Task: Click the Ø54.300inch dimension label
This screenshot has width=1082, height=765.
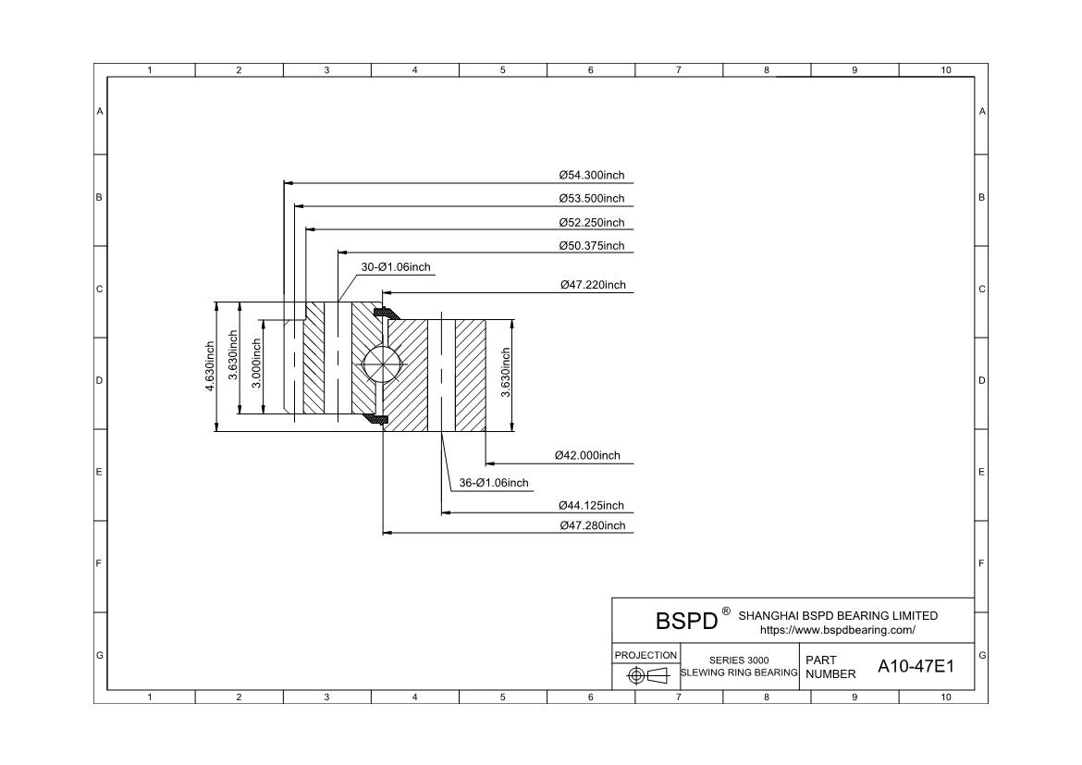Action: (x=591, y=176)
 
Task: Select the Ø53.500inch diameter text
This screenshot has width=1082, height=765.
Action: (x=591, y=199)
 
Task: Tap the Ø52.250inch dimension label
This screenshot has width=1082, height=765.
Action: (x=591, y=222)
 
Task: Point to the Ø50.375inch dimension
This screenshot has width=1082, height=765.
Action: (x=591, y=246)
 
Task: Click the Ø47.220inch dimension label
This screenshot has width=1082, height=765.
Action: (x=593, y=285)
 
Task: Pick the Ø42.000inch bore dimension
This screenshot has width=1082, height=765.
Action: (x=587, y=456)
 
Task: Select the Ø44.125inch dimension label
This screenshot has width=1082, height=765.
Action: (x=591, y=505)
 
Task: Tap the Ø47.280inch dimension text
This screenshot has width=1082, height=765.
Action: (x=592, y=525)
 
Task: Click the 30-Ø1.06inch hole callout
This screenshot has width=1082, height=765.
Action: (x=396, y=267)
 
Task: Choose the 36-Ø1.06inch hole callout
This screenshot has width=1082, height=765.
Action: (x=494, y=483)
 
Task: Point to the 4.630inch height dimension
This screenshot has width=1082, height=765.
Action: (x=210, y=366)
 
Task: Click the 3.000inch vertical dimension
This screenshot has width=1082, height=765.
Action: (x=257, y=364)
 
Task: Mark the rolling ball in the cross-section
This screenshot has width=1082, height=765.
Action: (x=382, y=363)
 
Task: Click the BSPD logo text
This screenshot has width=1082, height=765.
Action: (x=686, y=621)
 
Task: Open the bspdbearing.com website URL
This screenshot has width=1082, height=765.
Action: (x=838, y=630)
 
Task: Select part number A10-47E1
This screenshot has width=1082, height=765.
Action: (x=916, y=666)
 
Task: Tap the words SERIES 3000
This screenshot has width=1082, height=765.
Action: (x=738, y=660)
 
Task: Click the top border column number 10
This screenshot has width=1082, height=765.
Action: (x=945, y=69)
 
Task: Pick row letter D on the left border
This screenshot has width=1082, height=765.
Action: (x=99, y=380)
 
